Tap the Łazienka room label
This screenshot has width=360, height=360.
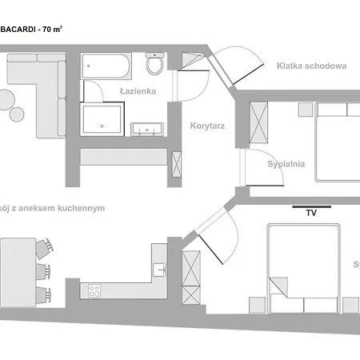[137, 91]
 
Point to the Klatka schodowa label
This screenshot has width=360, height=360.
[311, 66]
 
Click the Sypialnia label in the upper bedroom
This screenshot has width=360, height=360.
[286, 164]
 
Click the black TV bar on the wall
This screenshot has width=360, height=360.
[312, 206]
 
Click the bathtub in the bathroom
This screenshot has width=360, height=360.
[105, 66]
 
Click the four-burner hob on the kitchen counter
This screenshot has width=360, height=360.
[94, 290]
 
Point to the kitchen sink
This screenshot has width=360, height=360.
[160, 268]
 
